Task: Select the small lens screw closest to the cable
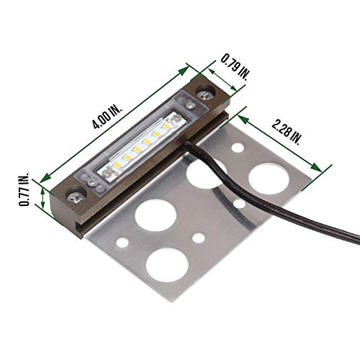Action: coord(189,106)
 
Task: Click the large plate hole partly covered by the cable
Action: coord(197,173)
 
